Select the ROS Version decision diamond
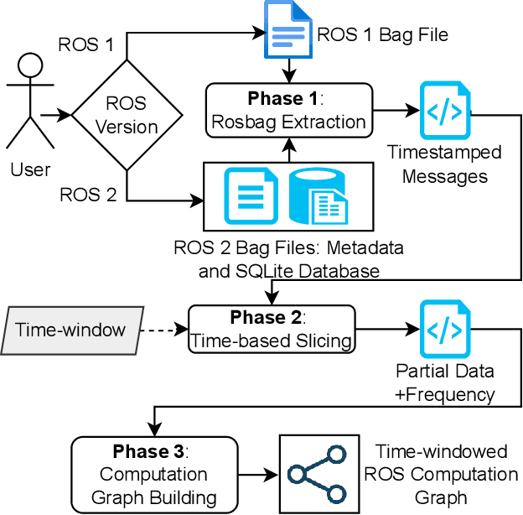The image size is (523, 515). pos(127,114)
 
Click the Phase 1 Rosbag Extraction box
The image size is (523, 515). pos(288,110)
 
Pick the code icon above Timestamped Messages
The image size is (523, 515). pos(445,110)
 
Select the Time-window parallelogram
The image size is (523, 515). pos(70,329)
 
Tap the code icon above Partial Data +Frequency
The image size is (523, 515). pos(445,330)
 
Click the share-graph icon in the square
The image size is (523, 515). pos(315,474)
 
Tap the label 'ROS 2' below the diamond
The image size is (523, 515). pos(86,195)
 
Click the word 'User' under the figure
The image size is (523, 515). pos(31,169)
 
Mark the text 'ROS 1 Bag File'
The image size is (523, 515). pos(382,34)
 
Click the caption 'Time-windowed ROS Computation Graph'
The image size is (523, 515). pos(441,474)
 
